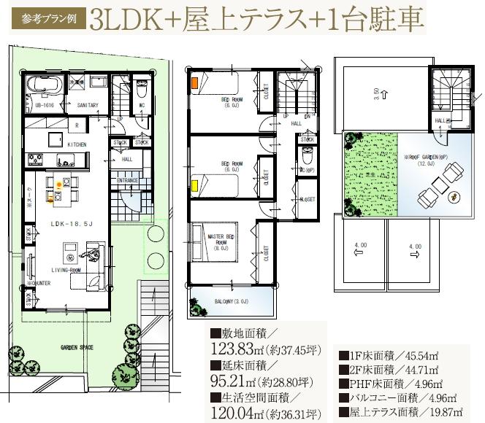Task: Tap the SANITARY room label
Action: point(88,105)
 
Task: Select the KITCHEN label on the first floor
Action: point(77,145)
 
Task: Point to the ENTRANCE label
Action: point(123,180)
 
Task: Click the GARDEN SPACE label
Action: point(77,348)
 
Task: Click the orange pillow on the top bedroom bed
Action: point(194,83)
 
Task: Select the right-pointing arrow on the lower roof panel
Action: point(415,255)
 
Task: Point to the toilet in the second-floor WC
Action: point(308,155)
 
